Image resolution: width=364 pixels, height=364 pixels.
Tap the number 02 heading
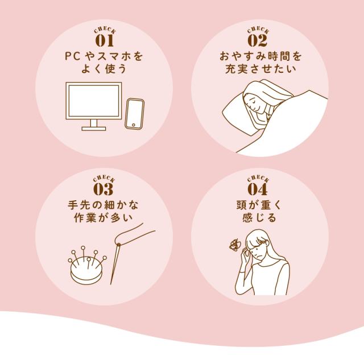point(258,41)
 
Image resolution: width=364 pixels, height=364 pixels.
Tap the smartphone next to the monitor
point(135,114)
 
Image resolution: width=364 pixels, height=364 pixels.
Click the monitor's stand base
point(93,128)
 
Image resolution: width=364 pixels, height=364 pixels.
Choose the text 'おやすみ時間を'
point(258,57)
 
